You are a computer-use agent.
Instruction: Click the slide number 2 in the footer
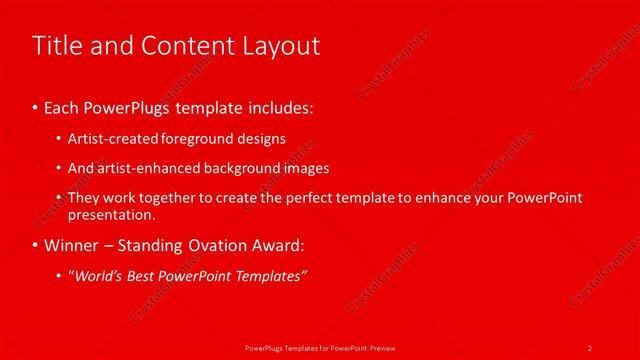(x=590, y=347)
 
